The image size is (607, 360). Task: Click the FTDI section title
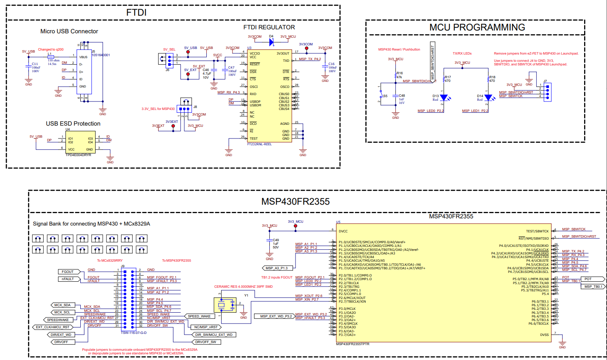coord(136,12)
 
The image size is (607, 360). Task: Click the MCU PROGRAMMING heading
coord(477,27)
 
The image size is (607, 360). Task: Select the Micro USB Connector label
coord(69,31)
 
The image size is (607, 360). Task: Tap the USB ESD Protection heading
coord(73,124)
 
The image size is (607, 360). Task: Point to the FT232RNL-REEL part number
coord(259,144)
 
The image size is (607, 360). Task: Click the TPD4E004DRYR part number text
coord(78,155)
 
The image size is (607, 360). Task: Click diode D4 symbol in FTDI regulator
coord(271,42)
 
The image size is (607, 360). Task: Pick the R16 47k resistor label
coord(399,75)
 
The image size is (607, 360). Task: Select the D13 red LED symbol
coord(444,98)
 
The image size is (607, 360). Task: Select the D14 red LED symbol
coord(488,98)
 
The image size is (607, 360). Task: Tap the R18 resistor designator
coord(492,77)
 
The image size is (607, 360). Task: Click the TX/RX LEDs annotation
coord(462,53)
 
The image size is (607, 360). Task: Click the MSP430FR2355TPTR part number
coord(352,344)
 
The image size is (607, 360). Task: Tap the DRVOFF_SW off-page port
coord(206,342)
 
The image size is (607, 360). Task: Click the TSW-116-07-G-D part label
coord(134,333)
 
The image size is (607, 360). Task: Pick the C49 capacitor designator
coord(276,240)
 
